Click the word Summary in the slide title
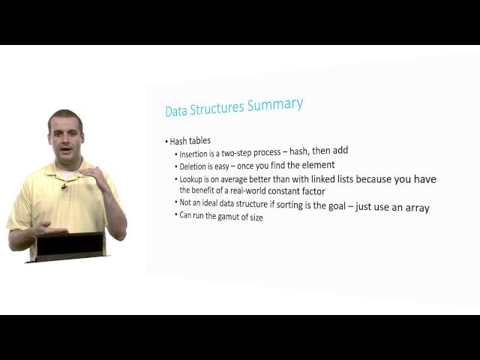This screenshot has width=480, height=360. coord(278,105)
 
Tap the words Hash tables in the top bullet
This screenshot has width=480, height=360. coord(190,140)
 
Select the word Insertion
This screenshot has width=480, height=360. coord(195,154)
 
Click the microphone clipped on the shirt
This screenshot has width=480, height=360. coord(65,187)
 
